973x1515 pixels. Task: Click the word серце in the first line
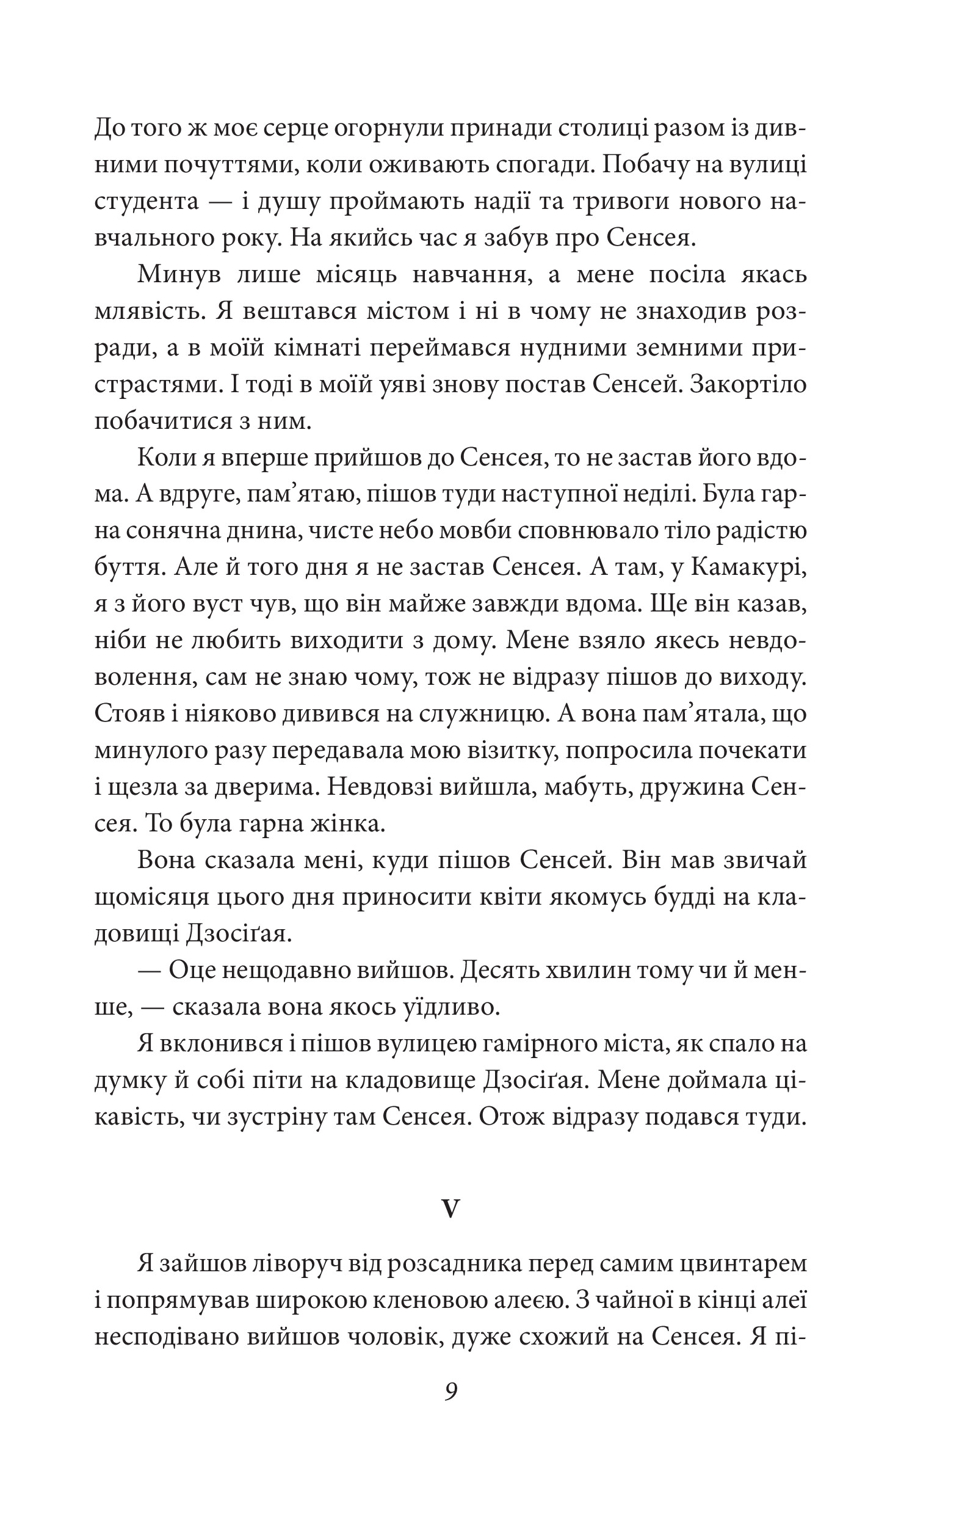click(292, 130)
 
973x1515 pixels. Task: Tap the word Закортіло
click(748, 385)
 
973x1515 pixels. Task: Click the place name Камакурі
click(745, 568)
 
